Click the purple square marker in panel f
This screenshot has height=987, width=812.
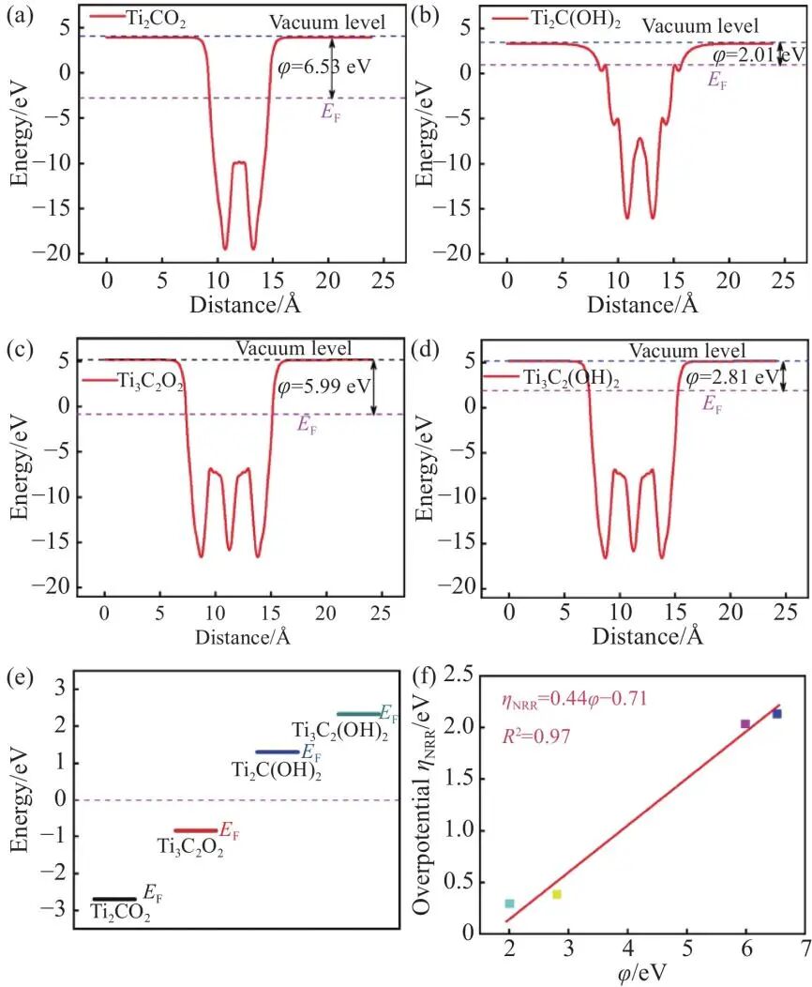point(745,723)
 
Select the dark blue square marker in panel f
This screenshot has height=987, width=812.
point(777,714)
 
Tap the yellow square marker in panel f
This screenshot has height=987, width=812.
point(557,894)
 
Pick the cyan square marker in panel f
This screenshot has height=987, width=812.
point(509,903)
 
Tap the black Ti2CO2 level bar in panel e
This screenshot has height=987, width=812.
point(113,899)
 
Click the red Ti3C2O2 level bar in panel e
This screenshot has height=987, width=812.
point(195,830)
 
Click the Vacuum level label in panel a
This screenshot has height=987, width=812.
point(327,22)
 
